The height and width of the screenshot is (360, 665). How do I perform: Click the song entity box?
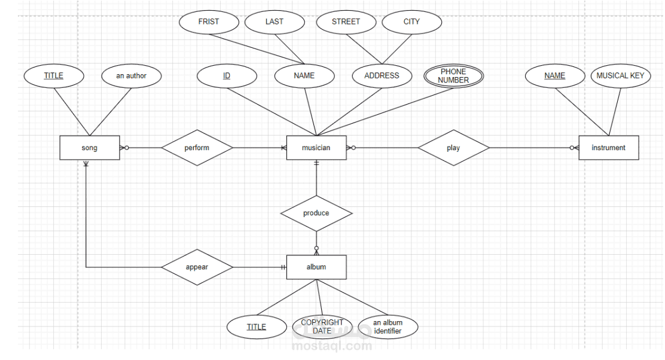(90, 148)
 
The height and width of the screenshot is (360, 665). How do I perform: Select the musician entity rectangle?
(316, 148)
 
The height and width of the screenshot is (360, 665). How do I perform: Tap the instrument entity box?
(608, 148)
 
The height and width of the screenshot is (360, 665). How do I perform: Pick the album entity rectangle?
(316, 267)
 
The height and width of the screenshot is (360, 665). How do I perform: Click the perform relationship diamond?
(197, 148)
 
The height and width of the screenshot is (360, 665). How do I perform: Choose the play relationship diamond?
(453, 148)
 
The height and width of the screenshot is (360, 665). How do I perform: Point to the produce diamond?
(316, 213)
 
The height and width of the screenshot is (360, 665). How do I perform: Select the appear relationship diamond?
(197, 267)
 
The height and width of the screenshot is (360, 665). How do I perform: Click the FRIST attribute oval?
(209, 22)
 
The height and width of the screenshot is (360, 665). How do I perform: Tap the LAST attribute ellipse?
(274, 22)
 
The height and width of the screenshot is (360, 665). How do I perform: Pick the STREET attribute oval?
(346, 22)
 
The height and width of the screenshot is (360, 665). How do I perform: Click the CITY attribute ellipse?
(411, 22)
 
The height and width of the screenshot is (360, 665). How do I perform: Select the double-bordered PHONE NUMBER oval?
(453, 76)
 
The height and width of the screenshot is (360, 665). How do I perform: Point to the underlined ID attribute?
(227, 76)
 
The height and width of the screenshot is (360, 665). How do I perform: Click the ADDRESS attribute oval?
(382, 76)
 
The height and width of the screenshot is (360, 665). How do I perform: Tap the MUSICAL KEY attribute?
(620, 76)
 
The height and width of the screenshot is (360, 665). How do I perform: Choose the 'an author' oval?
(131, 76)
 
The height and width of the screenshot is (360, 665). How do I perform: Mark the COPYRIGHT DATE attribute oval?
(322, 327)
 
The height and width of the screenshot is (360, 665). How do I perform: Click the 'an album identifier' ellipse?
(388, 327)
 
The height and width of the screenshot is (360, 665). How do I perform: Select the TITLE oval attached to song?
(53, 76)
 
